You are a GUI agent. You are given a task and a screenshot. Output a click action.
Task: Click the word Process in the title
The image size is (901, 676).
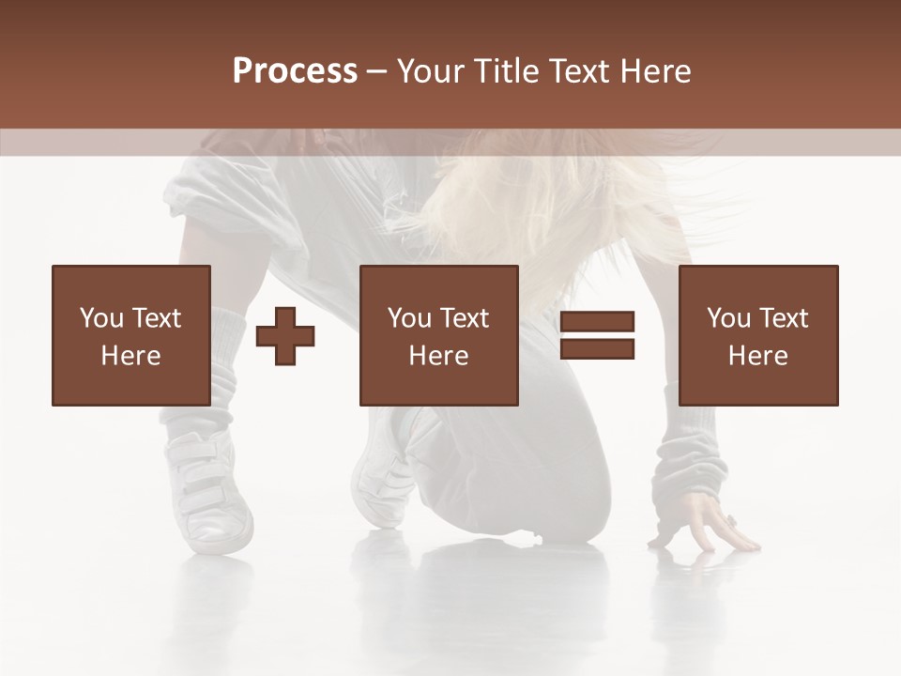click(x=295, y=71)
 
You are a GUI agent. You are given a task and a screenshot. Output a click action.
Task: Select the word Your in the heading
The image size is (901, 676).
click(x=425, y=71)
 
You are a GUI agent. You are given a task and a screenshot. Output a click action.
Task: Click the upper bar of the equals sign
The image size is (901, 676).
click(x=597, y=322)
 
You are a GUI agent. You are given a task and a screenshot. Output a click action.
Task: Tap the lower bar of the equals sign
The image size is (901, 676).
click(x=597, y=349)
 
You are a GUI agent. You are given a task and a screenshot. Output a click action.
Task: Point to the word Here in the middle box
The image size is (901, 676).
click(x=438, y=356)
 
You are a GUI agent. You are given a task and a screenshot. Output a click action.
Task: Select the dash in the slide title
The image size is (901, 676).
click(x=377, y=71)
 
